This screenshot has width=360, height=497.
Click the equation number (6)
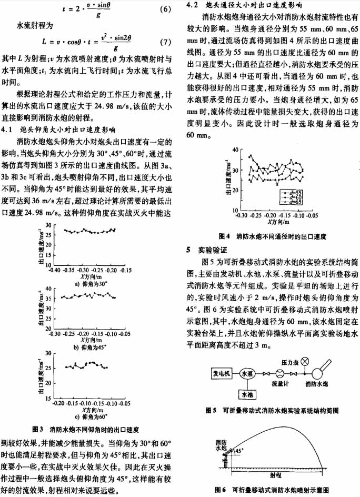tap(163, 9)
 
